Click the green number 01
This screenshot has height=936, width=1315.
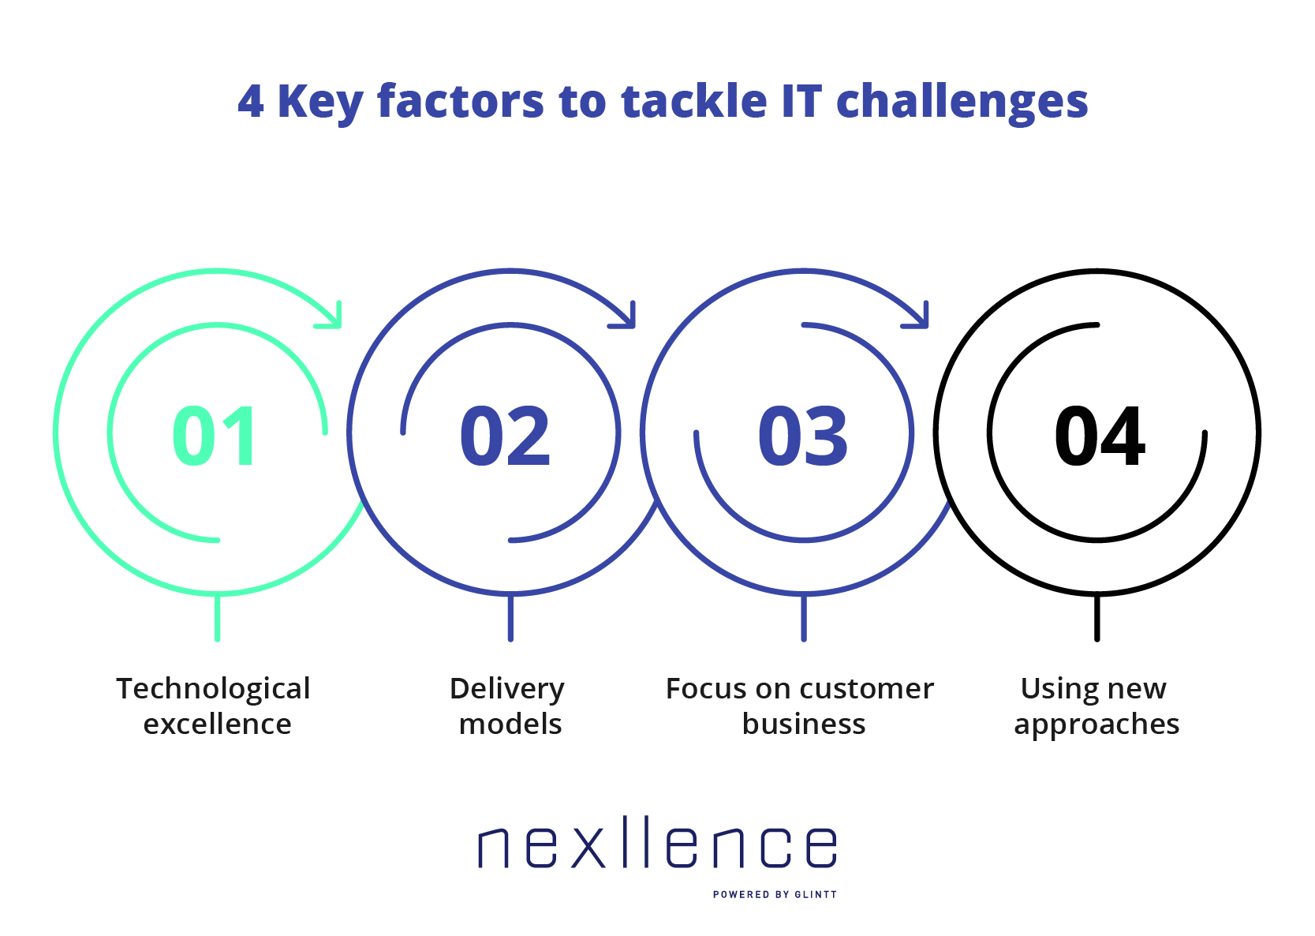215,436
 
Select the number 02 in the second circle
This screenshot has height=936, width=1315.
506,436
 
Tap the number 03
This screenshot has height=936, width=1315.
803,436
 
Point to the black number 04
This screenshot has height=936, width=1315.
1100,436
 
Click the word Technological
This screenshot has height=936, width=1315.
213,689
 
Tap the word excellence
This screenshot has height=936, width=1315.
217,724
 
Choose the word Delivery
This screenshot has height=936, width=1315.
507,690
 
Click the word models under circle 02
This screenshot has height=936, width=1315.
510,724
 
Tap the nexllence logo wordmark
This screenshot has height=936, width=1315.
658,841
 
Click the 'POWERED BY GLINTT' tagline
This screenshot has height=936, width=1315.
775,894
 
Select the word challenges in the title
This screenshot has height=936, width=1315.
962,103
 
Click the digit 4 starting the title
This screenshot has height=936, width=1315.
251,101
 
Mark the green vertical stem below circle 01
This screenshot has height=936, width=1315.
217,618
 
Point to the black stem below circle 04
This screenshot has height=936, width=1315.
1096,618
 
